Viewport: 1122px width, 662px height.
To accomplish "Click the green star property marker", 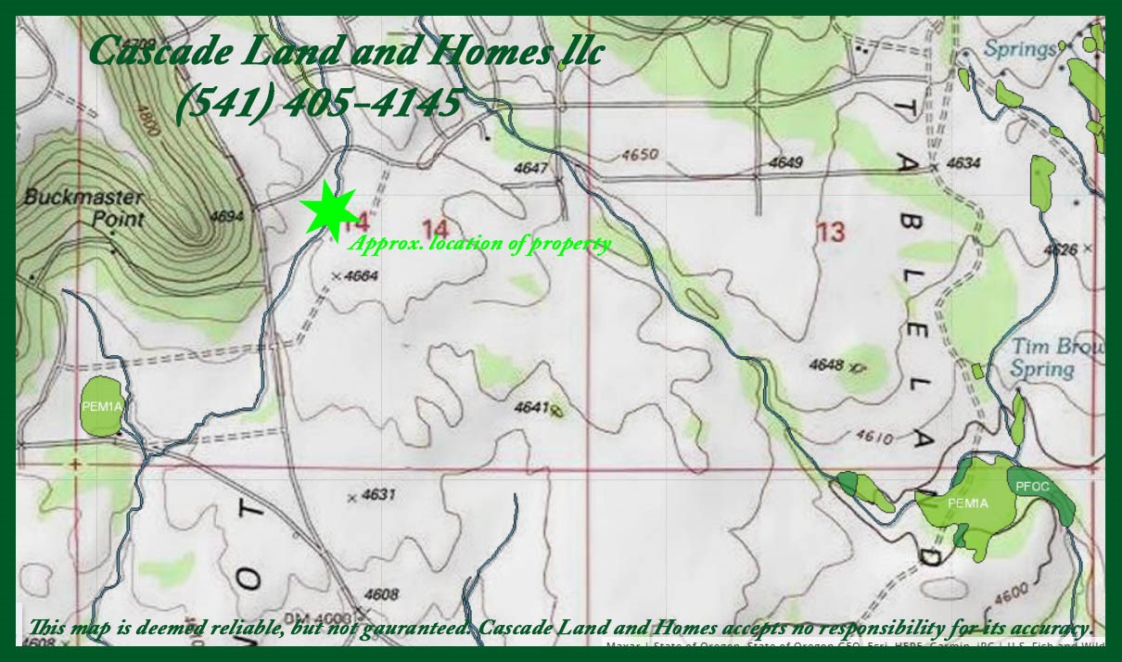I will [x=329, y=210].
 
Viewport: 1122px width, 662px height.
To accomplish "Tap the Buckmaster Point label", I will [x=83, y=208].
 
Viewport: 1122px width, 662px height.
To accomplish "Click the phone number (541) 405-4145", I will [x=318, y=102].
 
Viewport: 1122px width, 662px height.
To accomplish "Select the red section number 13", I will [x=831, y=231].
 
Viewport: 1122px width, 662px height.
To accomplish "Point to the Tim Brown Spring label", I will [x=1054, y=358].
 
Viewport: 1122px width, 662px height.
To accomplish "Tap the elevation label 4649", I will [x=785, y=163].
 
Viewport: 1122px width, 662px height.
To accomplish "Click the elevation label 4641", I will [x=531, y=406].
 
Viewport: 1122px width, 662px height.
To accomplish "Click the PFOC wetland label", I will [x=1032, y=486].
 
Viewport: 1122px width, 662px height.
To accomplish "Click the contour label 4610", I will [x=876, y=435].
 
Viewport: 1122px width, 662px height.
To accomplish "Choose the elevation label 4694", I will [x=227, y=216].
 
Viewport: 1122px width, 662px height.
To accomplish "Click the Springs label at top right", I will [x=1020, y=48].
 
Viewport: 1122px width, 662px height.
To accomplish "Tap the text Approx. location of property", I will [x=479, y=244].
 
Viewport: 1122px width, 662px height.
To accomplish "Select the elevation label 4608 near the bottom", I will [x=381, y=594].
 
